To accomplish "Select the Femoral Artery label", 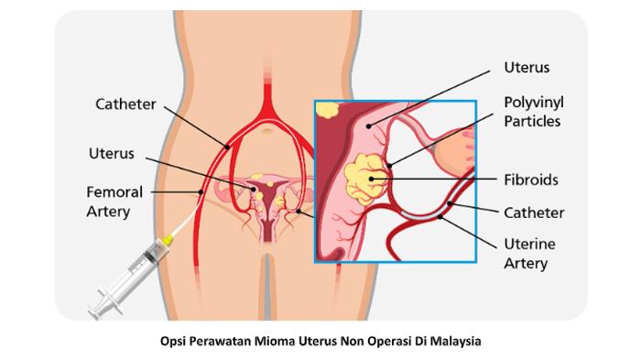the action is pos(114,202).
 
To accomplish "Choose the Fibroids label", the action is pos(530,180).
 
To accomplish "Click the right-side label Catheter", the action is pos(534,213).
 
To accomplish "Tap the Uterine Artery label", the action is pos(528,254).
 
